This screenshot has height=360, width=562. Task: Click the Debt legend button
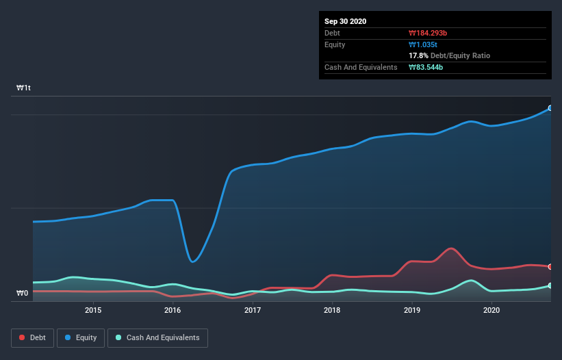point(31,337)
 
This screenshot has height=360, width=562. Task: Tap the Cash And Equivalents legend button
point(157,337)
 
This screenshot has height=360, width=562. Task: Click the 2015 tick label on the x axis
point(93,310)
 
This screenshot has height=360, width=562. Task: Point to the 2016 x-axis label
point(173,310)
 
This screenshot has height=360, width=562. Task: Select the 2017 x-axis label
point(253,310)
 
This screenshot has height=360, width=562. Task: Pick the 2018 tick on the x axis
point(332,310)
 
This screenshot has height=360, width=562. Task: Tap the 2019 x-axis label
point(412,310)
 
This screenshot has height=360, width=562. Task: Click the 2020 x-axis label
point(491,310)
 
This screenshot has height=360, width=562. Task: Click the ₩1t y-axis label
point(24,88)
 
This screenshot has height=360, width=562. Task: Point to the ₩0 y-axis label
point(23,294)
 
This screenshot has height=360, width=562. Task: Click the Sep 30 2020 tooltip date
point(345,21)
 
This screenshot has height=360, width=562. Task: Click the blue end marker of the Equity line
point(550,108)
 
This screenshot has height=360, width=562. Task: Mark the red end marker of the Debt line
point(550,266)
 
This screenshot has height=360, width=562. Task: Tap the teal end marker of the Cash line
point(550,285)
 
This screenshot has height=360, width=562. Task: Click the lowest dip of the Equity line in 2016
point(193,261)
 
